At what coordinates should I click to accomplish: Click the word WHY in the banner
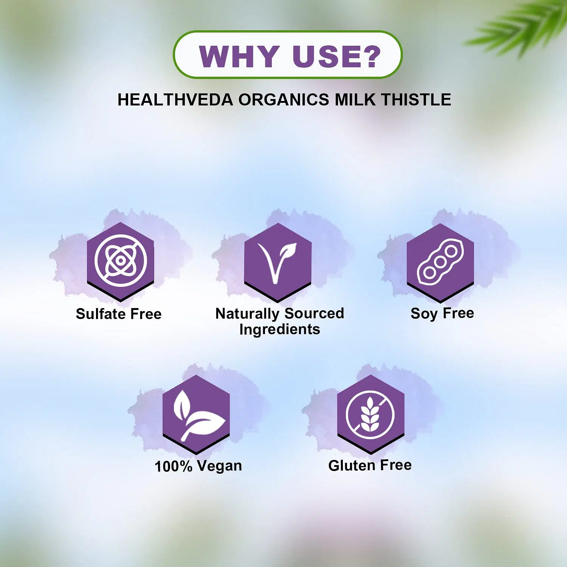[x=239, y=57]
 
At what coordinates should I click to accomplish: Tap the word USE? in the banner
[x=337, y=57]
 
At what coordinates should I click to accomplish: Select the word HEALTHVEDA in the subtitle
[x=175, y=100]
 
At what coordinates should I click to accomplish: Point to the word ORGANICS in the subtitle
[x=283, y=100]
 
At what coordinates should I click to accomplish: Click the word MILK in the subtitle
[x=355, y=100]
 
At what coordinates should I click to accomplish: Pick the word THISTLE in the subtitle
[x=416, y=100]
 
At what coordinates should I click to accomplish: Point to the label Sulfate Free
[x=119, y=314]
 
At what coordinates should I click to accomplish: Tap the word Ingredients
[x=280, y=330]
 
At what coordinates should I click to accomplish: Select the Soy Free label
[x=442, y=314]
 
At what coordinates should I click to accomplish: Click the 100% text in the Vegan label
[x=174, y=466]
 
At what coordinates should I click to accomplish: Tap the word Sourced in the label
[x=314, y=313]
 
